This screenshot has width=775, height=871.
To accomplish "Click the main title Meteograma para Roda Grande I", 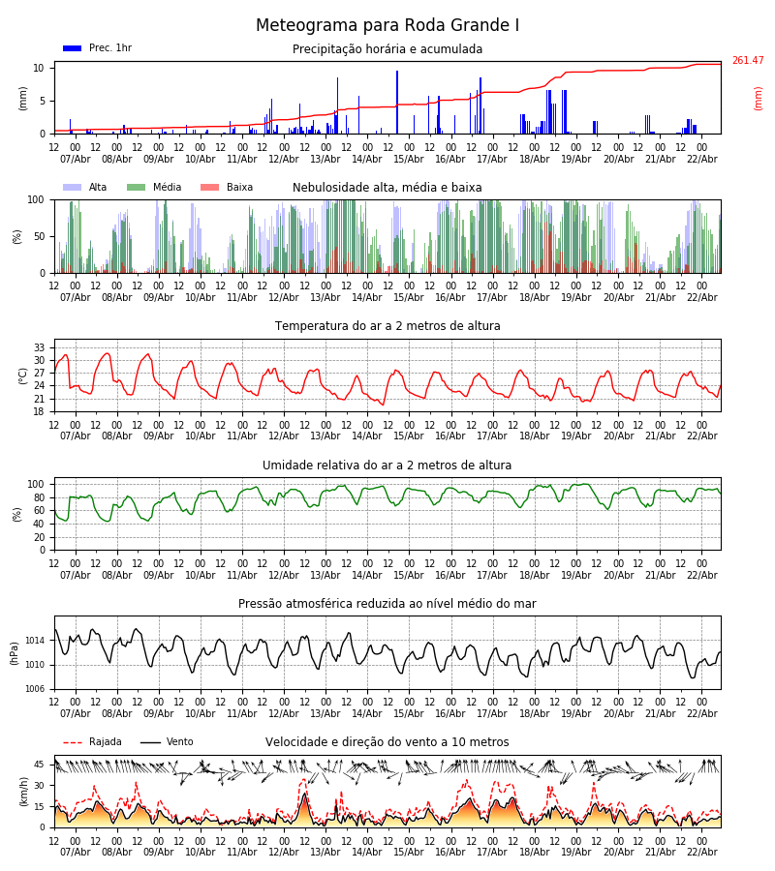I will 387,26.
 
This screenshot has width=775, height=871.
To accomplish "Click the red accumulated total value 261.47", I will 747,61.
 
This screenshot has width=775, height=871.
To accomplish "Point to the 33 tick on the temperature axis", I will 40,347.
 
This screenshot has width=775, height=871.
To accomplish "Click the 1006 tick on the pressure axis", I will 35,689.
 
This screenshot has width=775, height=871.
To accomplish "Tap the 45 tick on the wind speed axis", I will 40,765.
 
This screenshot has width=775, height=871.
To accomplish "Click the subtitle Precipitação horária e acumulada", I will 387,49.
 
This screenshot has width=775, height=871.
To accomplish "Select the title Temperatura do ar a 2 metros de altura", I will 387,326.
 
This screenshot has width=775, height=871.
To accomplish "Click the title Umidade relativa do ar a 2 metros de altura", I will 387,466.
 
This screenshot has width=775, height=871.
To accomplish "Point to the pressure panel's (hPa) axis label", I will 15,652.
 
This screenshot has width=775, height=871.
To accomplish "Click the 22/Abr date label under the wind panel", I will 701,852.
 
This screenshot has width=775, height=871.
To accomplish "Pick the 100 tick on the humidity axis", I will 36,484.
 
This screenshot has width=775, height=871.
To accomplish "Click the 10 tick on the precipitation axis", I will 39,68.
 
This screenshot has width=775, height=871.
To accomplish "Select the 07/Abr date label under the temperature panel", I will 76,435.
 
